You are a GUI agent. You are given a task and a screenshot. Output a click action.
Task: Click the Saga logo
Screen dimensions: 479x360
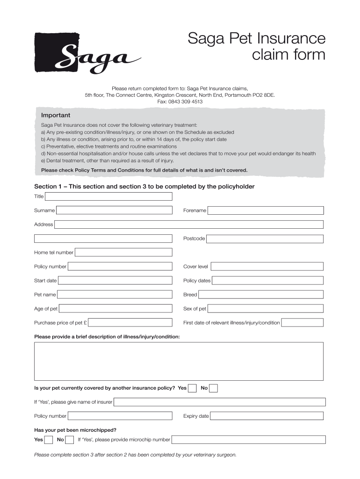86,53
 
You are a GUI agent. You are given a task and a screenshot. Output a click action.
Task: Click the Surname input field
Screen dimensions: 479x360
114,210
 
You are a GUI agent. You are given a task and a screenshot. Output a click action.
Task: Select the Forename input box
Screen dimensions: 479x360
265,210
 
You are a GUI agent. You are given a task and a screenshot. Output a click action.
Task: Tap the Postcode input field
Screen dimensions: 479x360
265,239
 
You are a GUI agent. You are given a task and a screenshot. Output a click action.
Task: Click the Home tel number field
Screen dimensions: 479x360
123,253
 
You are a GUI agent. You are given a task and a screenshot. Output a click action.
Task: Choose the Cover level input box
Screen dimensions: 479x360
266,267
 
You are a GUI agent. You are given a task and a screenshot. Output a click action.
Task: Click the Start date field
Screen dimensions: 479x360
115,281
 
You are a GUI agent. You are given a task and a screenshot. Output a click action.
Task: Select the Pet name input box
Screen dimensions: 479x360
115,295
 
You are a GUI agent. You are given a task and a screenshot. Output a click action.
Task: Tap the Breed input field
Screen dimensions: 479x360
260,295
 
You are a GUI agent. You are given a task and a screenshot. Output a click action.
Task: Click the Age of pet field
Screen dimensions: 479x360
115,309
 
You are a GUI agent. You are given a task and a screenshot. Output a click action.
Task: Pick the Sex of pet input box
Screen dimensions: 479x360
265,309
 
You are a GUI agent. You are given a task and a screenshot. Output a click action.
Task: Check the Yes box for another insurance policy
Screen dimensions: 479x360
192,388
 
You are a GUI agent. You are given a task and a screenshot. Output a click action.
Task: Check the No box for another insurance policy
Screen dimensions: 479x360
213,388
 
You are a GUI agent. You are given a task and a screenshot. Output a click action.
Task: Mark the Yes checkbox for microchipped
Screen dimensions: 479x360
48,440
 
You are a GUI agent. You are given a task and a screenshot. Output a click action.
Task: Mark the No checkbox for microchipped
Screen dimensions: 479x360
70,440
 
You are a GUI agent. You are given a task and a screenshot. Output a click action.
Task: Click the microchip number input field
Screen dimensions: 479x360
248,440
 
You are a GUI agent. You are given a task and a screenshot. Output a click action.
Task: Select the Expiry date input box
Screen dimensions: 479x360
266,416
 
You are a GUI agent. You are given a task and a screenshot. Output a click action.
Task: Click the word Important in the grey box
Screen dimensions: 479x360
56,115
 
